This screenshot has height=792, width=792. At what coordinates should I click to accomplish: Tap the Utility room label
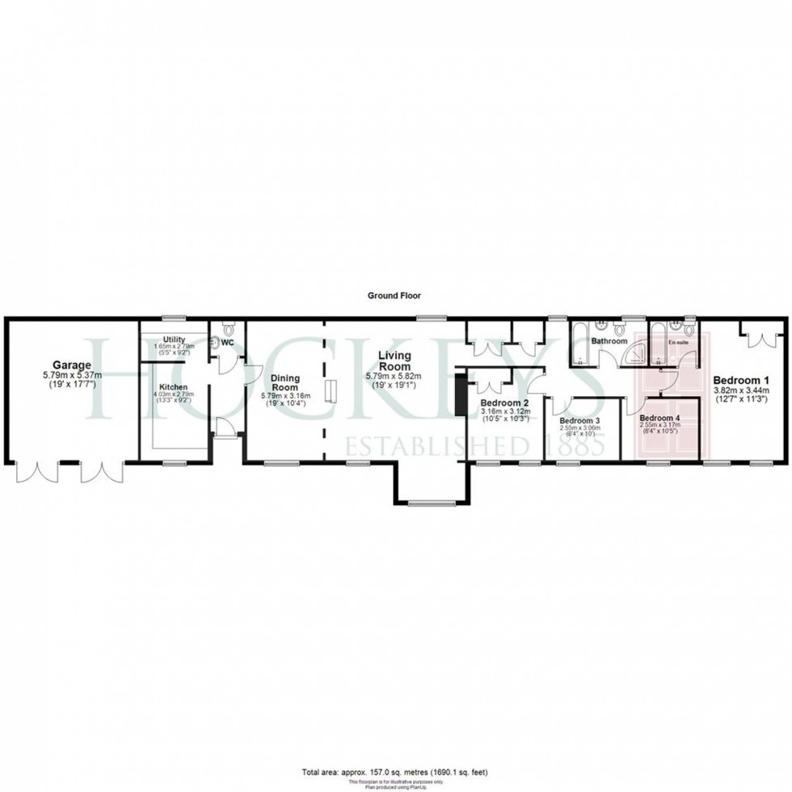[x=174, y=339]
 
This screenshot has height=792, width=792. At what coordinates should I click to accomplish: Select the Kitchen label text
[x=174, y=387]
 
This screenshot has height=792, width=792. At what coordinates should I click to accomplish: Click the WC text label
[x=228, y=342]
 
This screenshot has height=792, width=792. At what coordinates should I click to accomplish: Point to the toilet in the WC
[x=228, y=328]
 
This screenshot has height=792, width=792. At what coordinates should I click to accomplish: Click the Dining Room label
[x=285, y=382]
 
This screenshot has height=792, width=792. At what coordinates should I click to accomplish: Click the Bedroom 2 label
[x=504, y=402]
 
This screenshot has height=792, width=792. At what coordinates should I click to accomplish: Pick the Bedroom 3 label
[x=579, y=421]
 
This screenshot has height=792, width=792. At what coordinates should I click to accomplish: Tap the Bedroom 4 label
[x=660, y=417]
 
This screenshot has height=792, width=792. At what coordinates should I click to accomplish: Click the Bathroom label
[x=609, y=341]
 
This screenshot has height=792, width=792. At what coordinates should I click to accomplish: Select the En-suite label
[x=676, y=342]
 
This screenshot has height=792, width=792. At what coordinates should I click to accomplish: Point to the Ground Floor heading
[x=394, y=297]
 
